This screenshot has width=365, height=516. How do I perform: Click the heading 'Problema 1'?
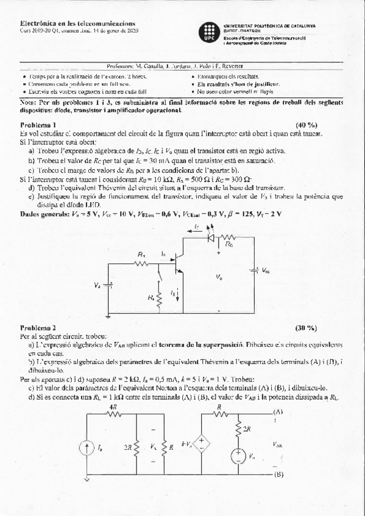pos(38,124)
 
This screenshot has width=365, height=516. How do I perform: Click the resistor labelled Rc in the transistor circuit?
pos(228,238)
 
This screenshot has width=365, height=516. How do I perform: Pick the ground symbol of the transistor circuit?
pos(108,315)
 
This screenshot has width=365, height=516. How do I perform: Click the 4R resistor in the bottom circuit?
pos(113,413)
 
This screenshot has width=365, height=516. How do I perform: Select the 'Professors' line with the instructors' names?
pos(182,66)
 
